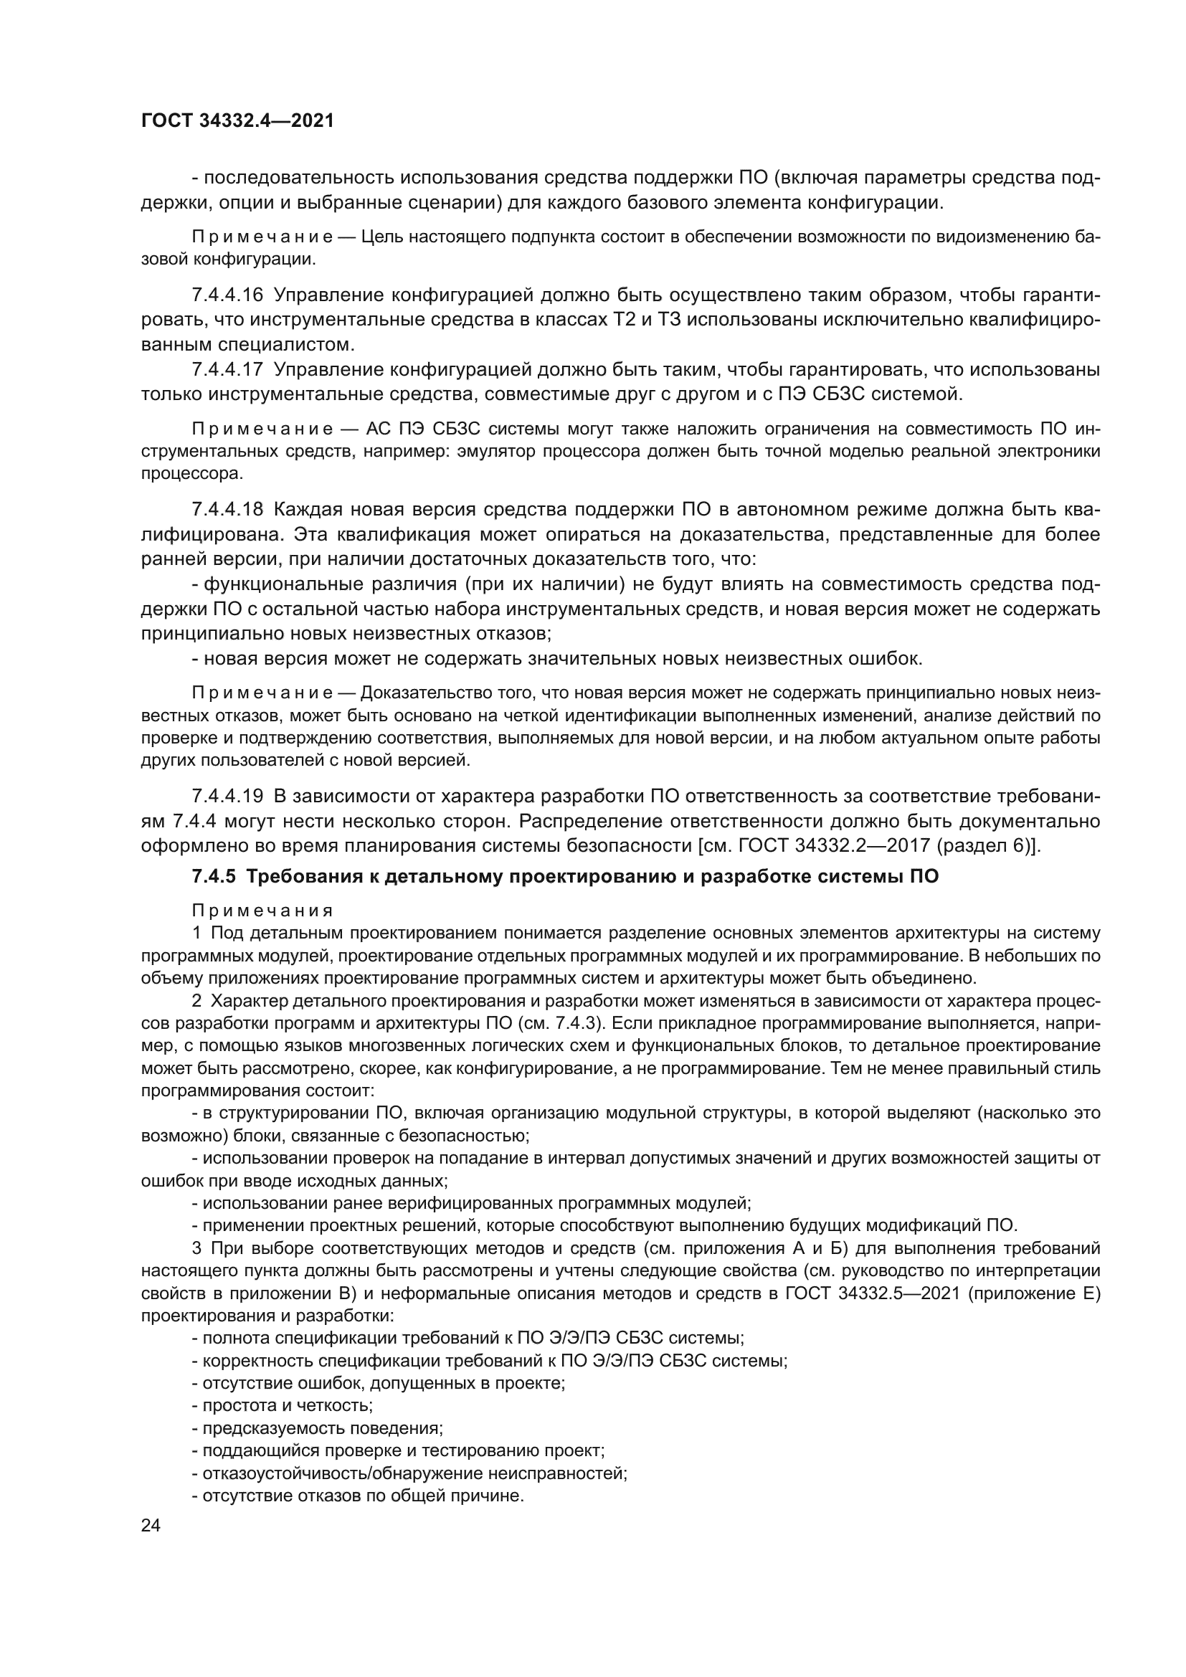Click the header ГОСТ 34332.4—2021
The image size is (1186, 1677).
tap(237, 121)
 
